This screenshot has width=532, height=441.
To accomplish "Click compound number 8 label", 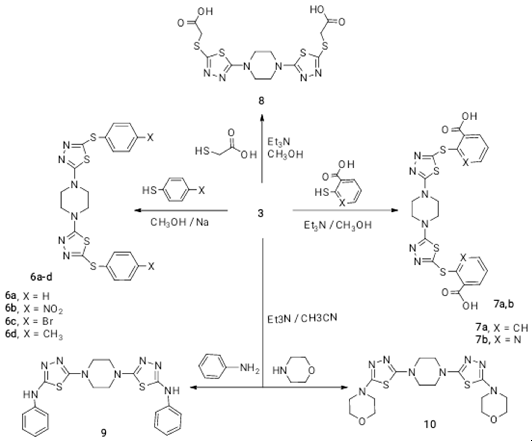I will [x=261, y=101].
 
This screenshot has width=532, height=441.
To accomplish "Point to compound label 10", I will [x=430, y=424].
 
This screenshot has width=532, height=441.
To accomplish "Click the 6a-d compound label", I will [x=41, y=277].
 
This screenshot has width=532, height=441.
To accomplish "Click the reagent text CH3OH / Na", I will [x=180, y=222].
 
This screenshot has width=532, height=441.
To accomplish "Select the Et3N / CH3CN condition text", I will [x=302, y=318].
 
